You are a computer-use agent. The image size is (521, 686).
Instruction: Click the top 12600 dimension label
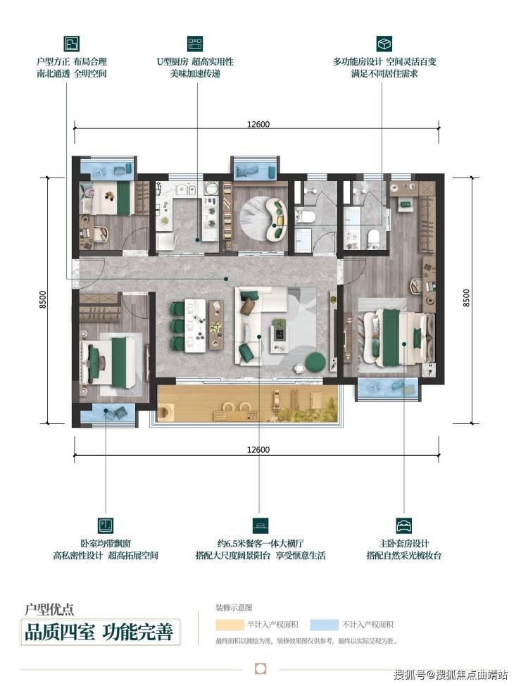(258, 124)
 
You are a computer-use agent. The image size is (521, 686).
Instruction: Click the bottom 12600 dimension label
(258, 450)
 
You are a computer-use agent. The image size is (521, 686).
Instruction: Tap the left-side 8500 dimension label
(42, 300)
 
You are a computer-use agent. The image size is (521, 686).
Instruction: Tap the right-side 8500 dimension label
(466, 298)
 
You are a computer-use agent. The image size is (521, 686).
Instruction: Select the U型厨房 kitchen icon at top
(195, 44)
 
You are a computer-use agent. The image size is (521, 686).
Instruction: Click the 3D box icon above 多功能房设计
(384, 44)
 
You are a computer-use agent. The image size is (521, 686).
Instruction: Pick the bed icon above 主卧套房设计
(403, 525)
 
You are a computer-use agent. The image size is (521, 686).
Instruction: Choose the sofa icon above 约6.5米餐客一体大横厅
(260, 525)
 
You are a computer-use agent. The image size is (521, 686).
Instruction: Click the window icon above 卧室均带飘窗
(106, 525)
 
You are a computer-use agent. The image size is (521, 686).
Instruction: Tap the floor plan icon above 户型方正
(71, 44)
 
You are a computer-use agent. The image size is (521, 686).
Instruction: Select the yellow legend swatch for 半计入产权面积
(230, 624)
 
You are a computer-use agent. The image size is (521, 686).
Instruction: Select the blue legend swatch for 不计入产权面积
(324, 624)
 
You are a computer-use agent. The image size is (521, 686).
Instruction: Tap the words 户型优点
(49, 609)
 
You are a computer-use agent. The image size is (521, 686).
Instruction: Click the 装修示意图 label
(234, 608)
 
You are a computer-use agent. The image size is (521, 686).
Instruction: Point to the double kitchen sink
(186, 190)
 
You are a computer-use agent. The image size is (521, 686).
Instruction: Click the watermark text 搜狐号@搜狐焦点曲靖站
(451, 674)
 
